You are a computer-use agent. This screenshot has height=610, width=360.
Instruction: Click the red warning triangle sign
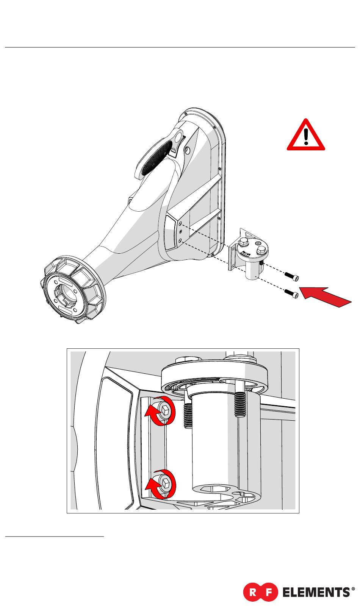tap(305, 136)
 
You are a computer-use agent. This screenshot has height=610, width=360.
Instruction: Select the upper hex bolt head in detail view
tap(165, 409)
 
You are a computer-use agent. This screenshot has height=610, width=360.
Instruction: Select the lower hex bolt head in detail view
tap(166, 482)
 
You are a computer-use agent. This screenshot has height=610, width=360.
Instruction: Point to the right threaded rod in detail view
tap(240, 404)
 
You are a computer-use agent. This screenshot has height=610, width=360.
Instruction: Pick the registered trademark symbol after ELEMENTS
tap(354, 589)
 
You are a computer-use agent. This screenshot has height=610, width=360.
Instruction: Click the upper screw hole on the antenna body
tap(180, 224)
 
